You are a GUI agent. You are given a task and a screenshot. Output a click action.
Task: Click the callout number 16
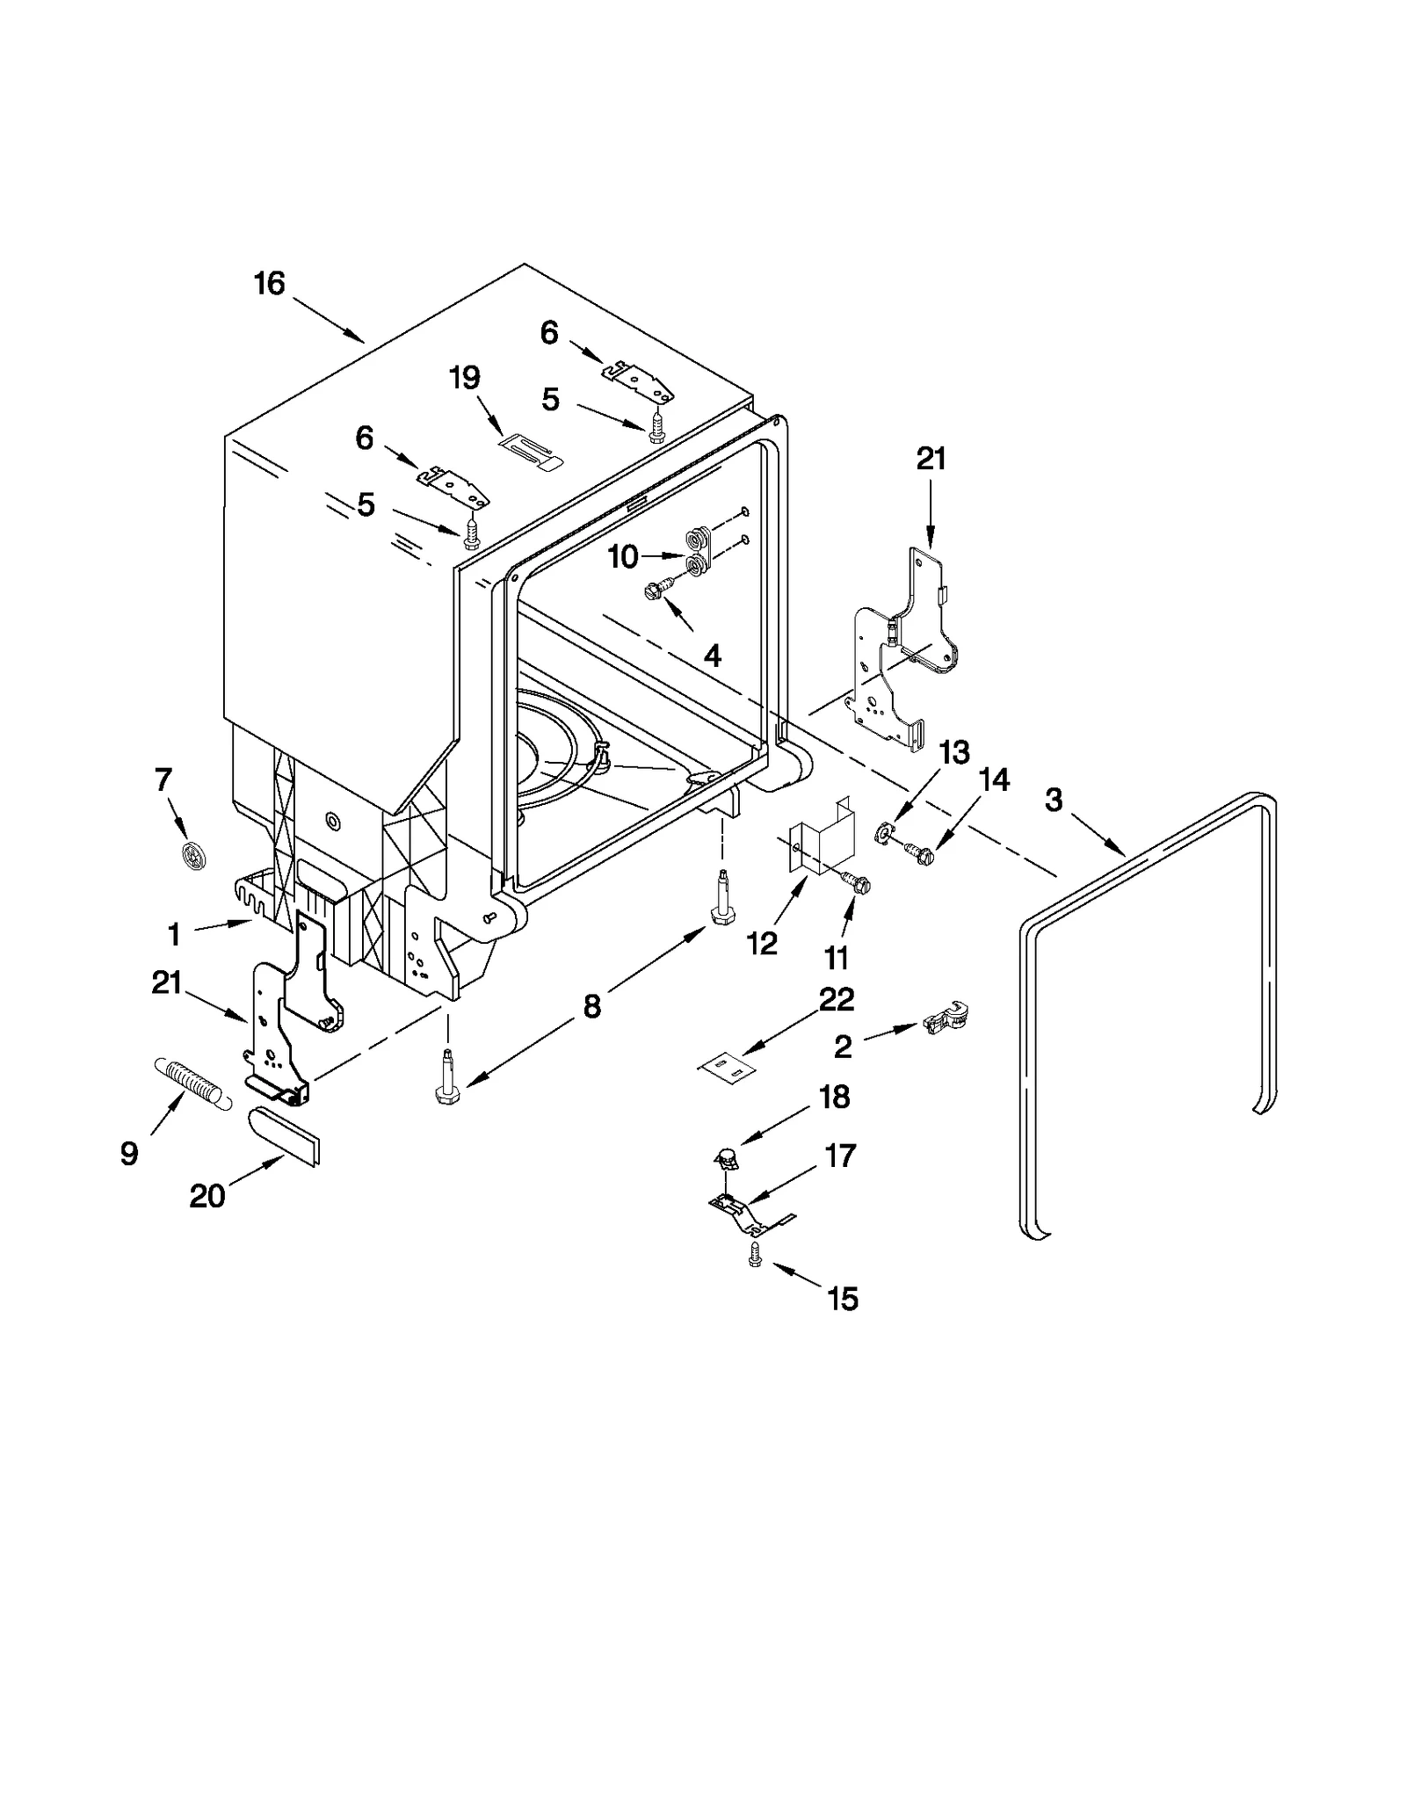[270, 284]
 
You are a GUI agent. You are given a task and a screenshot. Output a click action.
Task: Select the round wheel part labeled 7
[193, 855]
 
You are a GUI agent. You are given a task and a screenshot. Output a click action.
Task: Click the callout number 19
[465, 378]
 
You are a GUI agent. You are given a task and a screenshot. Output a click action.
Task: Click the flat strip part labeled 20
[286, 1135]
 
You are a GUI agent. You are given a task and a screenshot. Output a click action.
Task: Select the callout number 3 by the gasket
[1054, 799]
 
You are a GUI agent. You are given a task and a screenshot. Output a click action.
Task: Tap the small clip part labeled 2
[945, 1018]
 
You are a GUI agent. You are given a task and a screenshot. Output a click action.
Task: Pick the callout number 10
[623, 556]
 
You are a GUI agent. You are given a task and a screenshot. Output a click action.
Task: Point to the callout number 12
[762, 943]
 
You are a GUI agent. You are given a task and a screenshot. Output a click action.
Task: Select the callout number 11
[836, 957]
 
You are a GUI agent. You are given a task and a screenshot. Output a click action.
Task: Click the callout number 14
[994, 779]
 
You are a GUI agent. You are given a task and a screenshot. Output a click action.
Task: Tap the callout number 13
[954, 752]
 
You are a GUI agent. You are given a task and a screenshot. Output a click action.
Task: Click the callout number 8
[591, 1006]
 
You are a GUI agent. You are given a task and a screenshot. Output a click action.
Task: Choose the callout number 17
[840, 1156]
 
